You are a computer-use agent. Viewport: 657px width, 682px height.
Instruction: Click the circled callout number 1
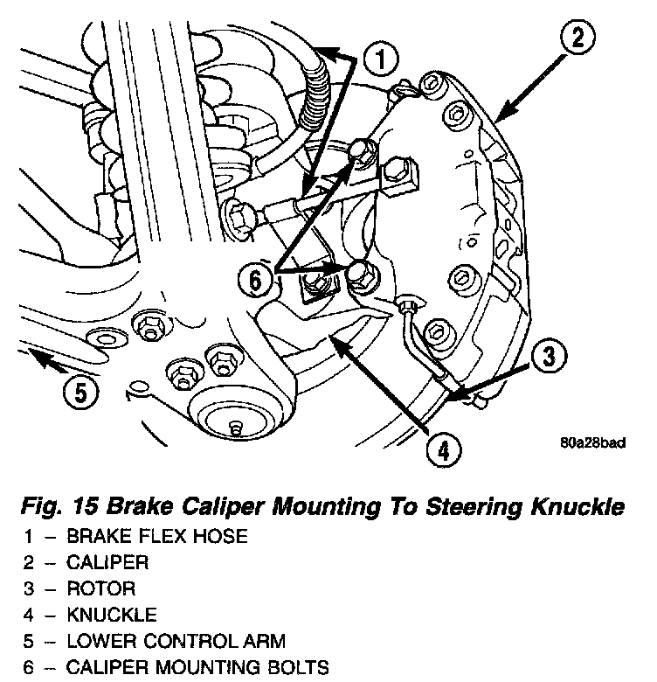point(380,61)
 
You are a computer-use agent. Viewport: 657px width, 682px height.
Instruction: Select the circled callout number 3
point(545,357)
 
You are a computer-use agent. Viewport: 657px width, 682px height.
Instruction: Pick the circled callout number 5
point(80,393)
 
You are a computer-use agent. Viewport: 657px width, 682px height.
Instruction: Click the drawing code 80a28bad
point(593,442)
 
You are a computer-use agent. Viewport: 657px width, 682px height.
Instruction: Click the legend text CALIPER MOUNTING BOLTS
point(198,669)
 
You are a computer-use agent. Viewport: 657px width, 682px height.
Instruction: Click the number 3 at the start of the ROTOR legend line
point(27,588)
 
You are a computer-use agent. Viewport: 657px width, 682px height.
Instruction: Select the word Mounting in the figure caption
point(312,506)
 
